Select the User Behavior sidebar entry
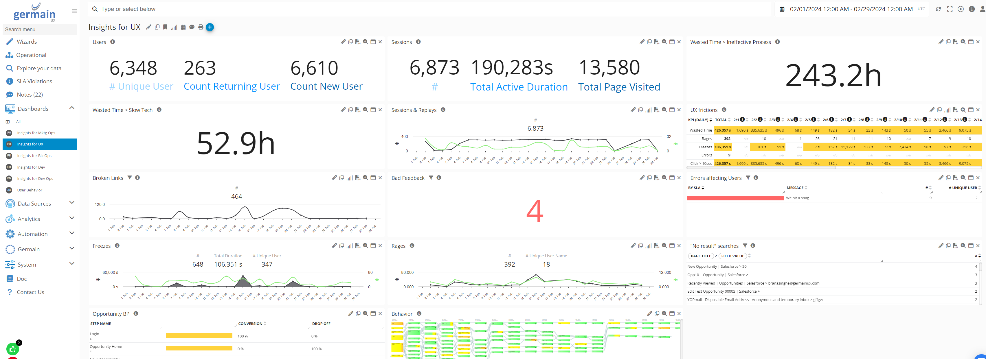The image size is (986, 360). coord(30,190)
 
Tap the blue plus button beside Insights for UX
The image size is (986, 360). coord(210,27)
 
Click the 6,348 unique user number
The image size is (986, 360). coord(133,68)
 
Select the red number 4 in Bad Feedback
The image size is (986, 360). coord(535,211)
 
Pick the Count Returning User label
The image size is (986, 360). coord(232,86)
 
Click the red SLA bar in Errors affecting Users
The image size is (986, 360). coord(735,198)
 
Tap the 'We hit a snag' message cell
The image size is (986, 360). coord(797,198)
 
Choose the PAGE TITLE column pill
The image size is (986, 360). coord(701,256)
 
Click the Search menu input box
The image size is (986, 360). coord(39,29)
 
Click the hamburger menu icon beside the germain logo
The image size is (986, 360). coord(74,11)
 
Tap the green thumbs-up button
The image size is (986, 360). coord(13,349)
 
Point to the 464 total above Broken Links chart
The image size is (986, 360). coord(236,197)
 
